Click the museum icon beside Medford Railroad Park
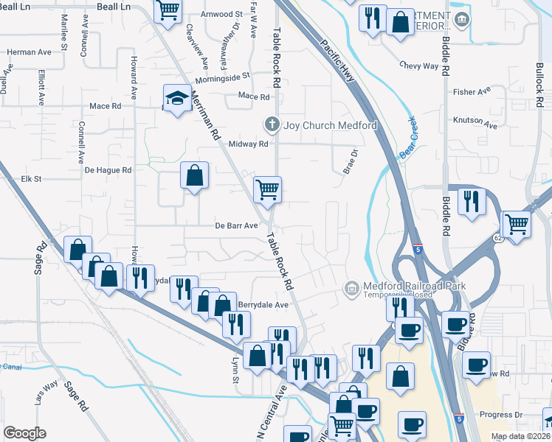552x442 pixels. click(351, 287)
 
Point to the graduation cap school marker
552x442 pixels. click(177, 99)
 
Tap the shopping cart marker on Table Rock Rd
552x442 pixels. click(267, 189)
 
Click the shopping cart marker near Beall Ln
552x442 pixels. click(168, 10)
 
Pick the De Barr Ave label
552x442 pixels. click(236, 225)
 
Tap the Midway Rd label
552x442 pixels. click(248, 144)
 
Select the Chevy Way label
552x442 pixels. click(419, 66)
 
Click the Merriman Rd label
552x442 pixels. click(206, 114)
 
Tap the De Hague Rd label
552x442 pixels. click(108, 169)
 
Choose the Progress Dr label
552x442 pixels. click(500, 414)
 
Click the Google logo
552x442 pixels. click(25, 433)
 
